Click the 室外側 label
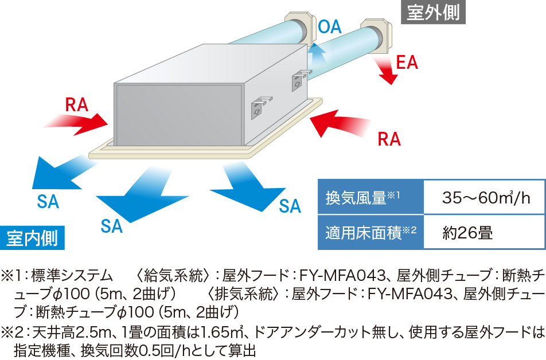pyautogui.click(x=433, y=12)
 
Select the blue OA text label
pyautogui.click(x=330, y=26)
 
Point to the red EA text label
pyautogui.click(x=407, y=62)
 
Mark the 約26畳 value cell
pyautogui.click(x=468, y=232)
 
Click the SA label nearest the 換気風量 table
pyautogui.click(x=290, y=206)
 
